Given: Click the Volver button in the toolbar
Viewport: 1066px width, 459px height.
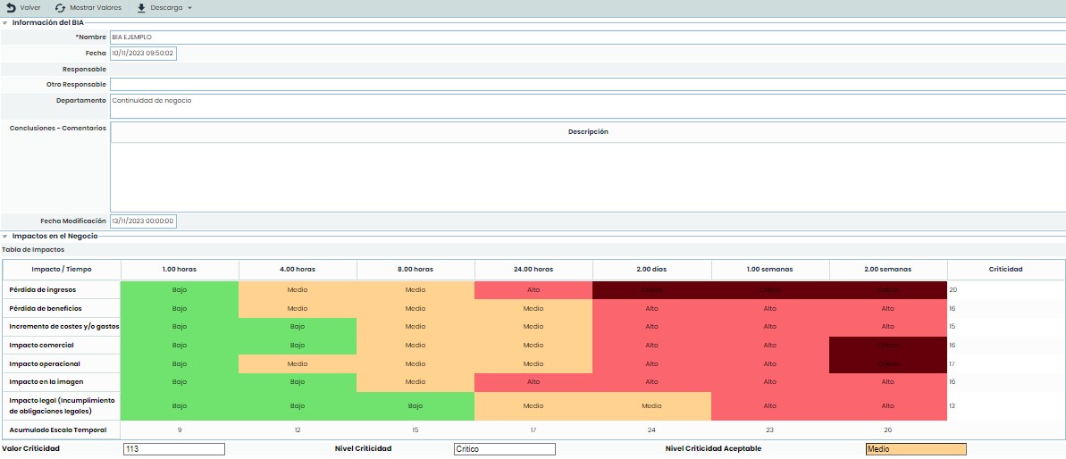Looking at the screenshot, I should [x=24, y=7].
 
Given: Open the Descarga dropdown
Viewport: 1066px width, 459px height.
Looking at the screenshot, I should [x=165, y=7].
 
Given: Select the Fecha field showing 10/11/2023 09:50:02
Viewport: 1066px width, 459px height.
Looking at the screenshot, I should [x=143, y=54].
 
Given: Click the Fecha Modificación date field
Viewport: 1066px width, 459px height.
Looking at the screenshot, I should [x=143, y=221].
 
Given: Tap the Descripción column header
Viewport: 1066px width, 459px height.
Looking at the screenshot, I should [x=588, y=132].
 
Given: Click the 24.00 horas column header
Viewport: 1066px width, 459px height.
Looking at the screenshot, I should [x=533, y=269].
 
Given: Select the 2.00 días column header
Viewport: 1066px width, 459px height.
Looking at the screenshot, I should [x=651, y=269].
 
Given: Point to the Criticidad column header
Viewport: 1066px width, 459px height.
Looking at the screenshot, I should [x=1005, y=269].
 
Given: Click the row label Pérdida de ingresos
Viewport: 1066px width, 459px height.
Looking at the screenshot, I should [x=55, y=290].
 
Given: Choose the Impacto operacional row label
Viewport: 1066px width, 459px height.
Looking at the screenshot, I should [x=57, y=363].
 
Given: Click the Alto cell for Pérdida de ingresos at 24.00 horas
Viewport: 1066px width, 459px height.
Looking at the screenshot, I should [x=533, y=290].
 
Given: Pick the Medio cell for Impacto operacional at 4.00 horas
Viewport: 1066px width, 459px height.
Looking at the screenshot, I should [x=298, y=363].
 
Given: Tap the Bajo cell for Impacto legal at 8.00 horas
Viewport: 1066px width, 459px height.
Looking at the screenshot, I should [x=415, y=405].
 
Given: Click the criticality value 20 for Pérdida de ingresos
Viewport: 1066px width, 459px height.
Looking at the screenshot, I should [x=953, y=290].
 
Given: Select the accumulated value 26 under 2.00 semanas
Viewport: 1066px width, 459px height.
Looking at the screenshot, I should [x=887, y=430].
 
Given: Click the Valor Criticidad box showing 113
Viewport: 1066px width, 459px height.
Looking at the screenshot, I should [x=173, y=449].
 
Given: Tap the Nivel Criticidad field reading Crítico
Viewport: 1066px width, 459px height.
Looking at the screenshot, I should [x=504, y=449].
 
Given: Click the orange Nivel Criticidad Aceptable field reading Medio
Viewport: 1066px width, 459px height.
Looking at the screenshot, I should [x=915, y=449].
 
